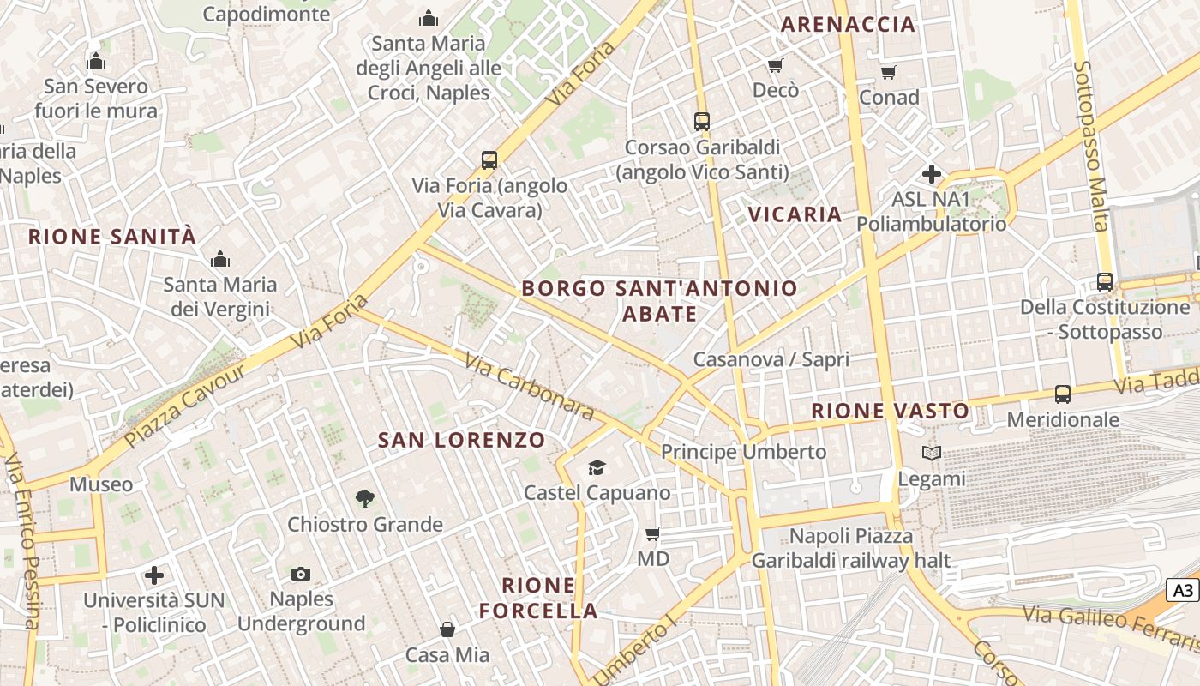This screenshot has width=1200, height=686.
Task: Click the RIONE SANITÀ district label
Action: point(112,237)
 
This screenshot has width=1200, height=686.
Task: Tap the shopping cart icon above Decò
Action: point(776,65)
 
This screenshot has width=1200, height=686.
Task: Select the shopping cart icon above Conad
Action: point(889,72)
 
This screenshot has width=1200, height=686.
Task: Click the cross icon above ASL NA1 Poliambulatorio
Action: point(932,174)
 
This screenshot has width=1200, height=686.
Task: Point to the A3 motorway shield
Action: point(1183,590)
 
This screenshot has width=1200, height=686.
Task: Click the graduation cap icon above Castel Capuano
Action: point(597,467)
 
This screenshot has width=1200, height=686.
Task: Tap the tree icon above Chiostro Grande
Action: point(365,498)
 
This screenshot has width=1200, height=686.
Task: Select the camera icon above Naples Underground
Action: point(301,574)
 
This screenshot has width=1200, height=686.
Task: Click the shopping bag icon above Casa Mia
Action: point(447,630)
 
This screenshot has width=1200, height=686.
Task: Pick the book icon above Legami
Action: point(932,453)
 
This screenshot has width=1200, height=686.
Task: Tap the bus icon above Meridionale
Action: point(1063,394)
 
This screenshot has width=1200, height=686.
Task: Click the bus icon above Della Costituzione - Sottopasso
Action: point(1105,281)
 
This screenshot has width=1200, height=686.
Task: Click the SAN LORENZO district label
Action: point(462,441)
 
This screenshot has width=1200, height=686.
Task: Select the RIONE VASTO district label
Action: point(890,412)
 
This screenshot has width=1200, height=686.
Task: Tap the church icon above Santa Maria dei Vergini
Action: point(220,259)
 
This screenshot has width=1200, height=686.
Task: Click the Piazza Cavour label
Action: point(185,405)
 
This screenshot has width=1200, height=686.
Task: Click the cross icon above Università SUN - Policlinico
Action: point(154,575)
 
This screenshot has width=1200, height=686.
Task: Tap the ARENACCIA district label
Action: point(848,25)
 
